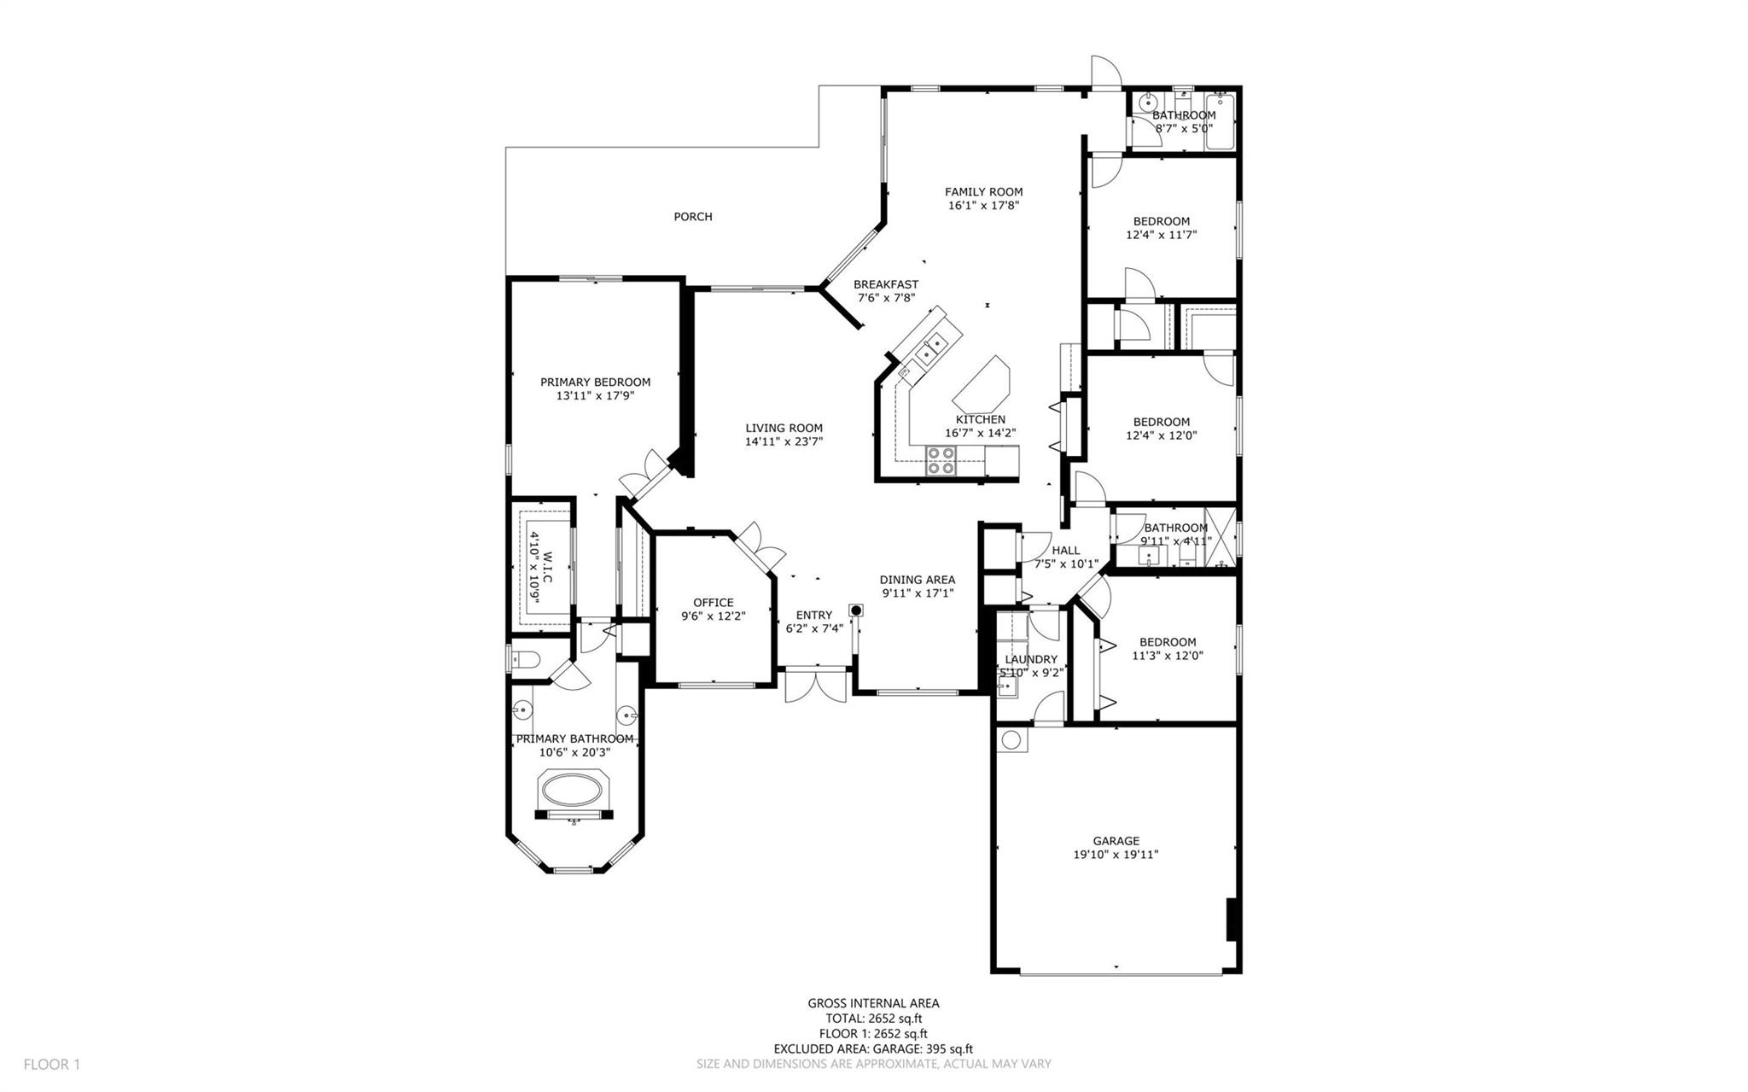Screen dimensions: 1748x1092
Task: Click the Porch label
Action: pos(693,217)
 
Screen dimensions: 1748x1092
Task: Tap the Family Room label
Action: pos(983,192)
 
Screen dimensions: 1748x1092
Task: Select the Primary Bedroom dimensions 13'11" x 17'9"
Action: pos(595,396)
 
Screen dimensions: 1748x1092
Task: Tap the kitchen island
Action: pos(982,383)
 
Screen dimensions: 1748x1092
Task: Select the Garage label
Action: pos(1116,841)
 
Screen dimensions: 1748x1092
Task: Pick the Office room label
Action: pos(713,603)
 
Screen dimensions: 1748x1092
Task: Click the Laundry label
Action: pos(1031,659)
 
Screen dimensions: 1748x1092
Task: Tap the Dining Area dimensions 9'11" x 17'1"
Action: pos(917,593)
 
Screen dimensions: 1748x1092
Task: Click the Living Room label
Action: pos(784,429)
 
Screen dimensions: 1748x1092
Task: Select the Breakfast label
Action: pos(886,284)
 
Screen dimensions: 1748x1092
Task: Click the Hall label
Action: pos(1066,551)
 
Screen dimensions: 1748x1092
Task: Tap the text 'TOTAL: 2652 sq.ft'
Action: pos(873,1019)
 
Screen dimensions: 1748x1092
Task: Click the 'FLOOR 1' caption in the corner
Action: pos(51,1065)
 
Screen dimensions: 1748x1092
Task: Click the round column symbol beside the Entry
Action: pos(855,610)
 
